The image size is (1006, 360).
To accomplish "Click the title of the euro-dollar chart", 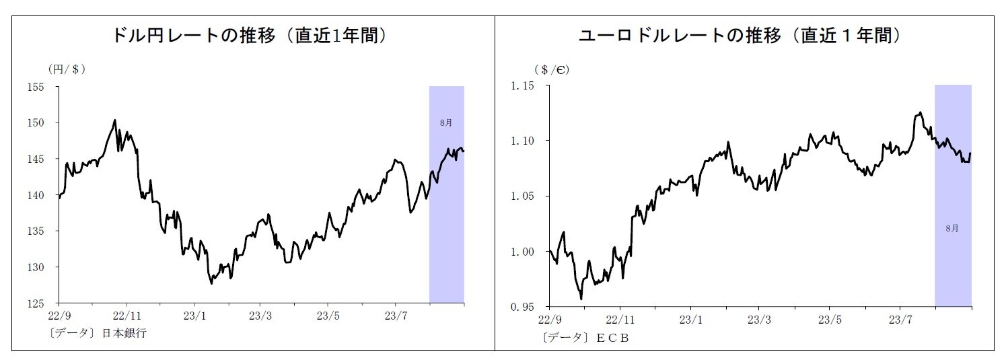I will (740, 36).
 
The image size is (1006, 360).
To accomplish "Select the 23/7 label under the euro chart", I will (900, 319).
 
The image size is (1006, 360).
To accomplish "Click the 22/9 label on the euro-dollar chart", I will (551, 319).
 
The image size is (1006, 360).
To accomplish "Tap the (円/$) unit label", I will (66, 69).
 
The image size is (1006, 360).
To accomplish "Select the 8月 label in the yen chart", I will (446, 123).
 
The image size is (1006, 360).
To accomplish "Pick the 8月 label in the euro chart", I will (952, 228).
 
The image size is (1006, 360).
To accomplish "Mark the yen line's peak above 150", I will (114, 120).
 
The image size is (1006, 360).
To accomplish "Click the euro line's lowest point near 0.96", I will (581, 299).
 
